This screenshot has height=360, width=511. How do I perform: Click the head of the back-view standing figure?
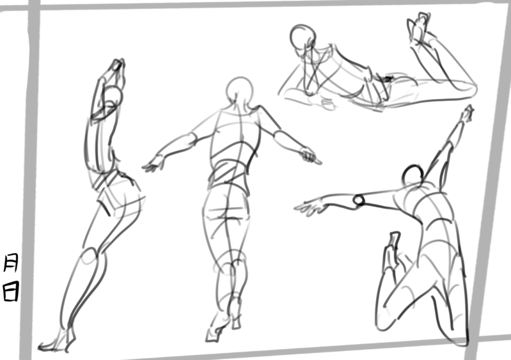point(240,90)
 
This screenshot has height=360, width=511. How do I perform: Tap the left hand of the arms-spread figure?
point(152,164)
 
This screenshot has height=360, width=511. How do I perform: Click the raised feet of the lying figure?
point(419,27)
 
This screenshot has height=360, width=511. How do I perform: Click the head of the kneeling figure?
point(413,175)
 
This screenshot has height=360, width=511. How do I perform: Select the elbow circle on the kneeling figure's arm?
point(359,200)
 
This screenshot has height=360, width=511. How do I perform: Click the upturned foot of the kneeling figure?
point(391,251)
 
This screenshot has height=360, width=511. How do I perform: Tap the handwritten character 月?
point(11,263)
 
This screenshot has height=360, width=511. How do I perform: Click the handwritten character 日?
point(11,292)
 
